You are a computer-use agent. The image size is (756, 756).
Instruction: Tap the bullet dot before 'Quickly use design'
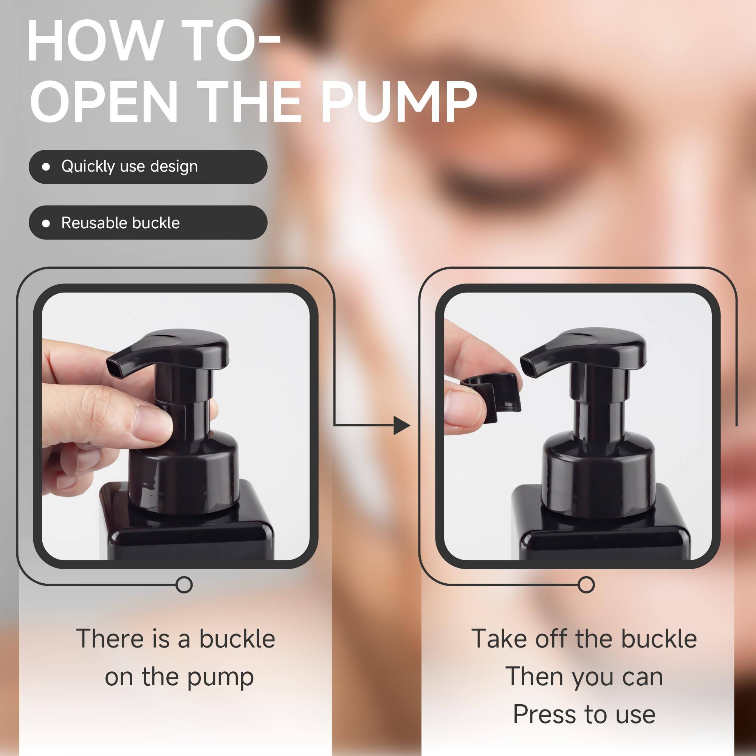[46, 167]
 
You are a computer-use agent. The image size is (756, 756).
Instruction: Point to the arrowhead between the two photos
[401, 425]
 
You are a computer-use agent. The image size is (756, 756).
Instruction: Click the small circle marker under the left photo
[184, 585]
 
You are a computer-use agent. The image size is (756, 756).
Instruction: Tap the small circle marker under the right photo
[586, 585]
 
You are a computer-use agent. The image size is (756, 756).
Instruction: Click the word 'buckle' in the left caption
[237, 639]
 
